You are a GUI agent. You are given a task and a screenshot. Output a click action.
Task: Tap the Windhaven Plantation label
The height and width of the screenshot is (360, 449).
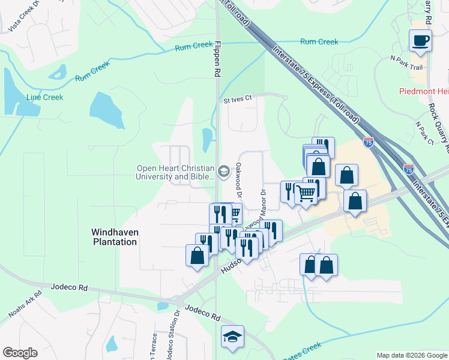click(x=114, y=236)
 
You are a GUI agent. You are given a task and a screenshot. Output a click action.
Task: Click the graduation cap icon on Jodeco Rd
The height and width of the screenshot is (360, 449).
click(x=232, y=337)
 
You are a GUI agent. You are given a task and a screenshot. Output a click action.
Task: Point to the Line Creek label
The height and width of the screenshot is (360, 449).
click(x=44, y=97)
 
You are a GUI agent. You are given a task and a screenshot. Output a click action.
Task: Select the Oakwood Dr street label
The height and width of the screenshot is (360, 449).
click(x=238, y=181)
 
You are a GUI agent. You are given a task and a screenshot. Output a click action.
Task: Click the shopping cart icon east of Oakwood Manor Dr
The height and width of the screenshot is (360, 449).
click(x=306, y=193)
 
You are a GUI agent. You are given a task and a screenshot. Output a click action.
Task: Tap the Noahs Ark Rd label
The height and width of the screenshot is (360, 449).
click(x=25, y=304)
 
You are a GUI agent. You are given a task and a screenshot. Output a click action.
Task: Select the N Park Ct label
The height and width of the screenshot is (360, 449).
click(x=424, y=133)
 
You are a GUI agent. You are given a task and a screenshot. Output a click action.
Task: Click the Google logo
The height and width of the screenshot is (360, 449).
click(x=20, y=353)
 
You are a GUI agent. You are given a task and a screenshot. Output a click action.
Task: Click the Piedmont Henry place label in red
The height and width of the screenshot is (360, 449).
click(x=424, y=91)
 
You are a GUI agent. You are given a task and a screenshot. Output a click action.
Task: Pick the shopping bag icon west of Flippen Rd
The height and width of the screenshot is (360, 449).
click(x=197, y=256)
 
